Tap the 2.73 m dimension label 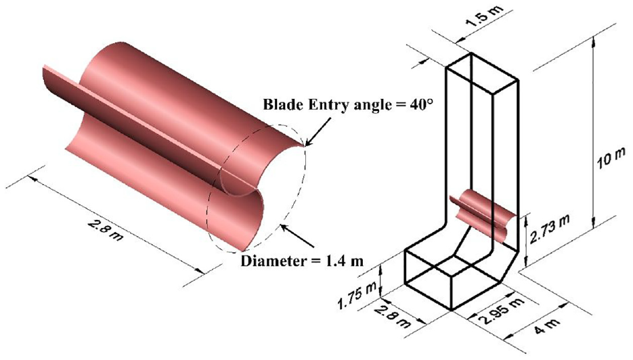tap(549, 229)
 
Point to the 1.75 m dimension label tap(357, 290)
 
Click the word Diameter tap(273, 261)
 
